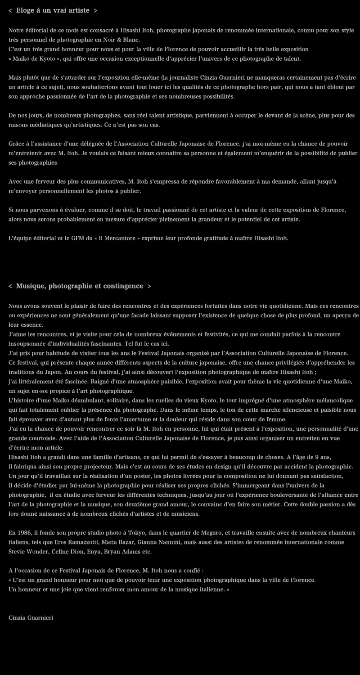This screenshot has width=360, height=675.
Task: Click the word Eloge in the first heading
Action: (x=26, y=10)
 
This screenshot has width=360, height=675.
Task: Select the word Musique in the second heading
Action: (x=31, y=286)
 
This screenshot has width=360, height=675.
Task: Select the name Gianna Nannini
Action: (x=162, y=542)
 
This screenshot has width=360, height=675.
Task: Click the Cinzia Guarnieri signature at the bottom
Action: (x=31, y=618)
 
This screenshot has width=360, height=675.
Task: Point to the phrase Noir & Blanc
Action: (x=122, y=40)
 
